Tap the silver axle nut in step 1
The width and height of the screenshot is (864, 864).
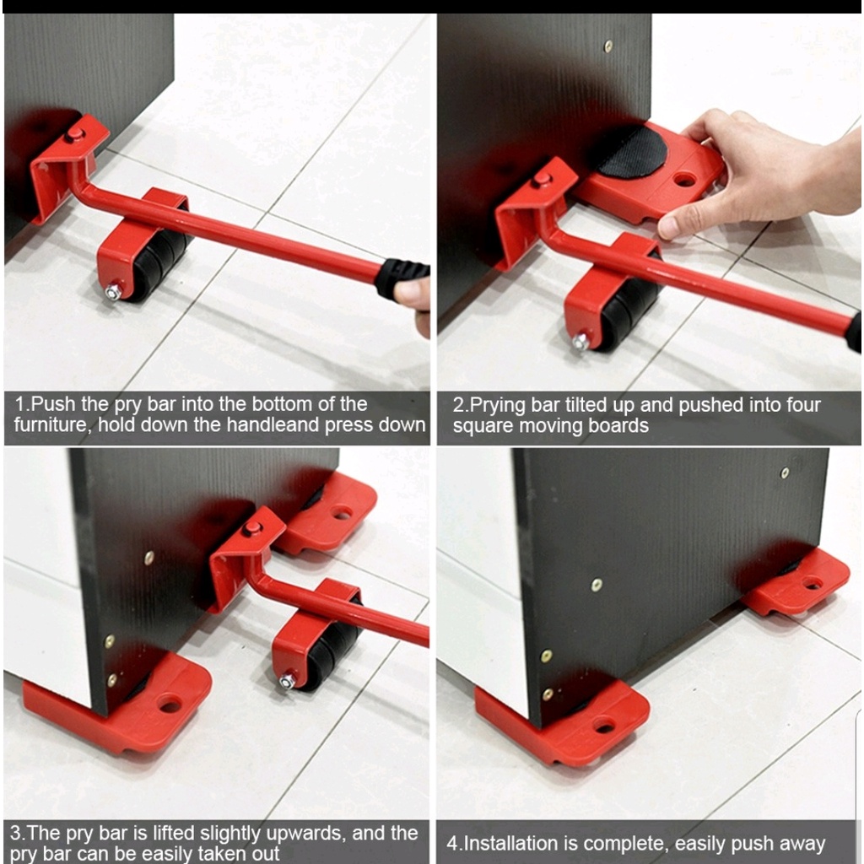pos(113,291)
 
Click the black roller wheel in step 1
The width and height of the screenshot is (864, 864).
pos(159,263)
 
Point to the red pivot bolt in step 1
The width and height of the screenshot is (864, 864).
pos(74,134)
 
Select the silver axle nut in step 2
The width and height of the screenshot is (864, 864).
pos(580,343)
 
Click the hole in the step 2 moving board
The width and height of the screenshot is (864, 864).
pos(683,180)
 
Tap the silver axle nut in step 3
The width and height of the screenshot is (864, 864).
pos(287,682)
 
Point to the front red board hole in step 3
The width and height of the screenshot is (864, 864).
pos(170,705)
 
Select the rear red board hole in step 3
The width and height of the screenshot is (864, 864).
pos(342,515)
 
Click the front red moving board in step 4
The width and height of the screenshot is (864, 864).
pos(562,722)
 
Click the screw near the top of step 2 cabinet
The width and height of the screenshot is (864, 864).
pos(608,46)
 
